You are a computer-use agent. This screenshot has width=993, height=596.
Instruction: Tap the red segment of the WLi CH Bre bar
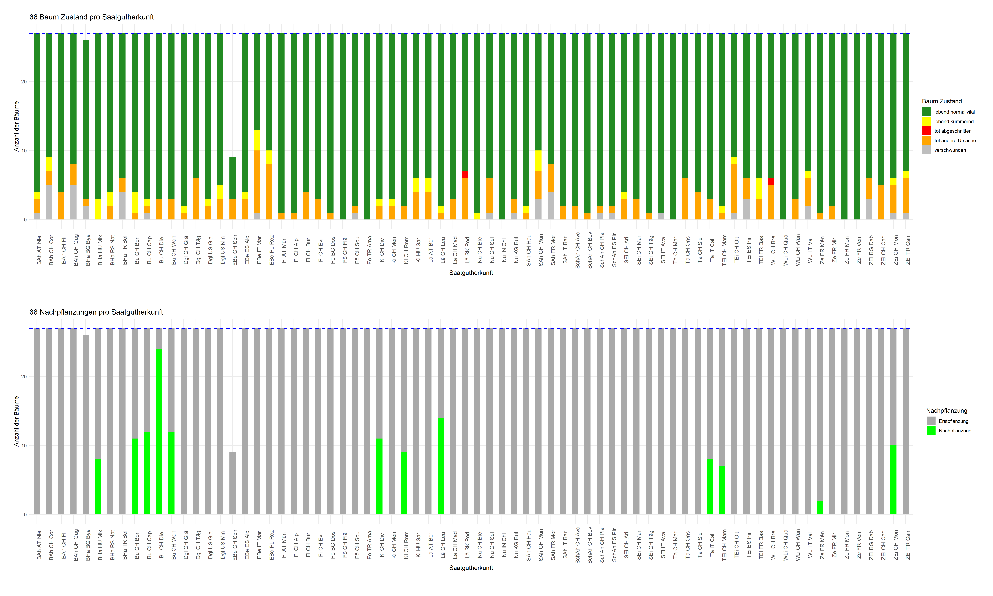pos(771,182)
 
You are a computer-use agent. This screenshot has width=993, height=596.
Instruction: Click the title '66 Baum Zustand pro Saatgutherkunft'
pos(91,17)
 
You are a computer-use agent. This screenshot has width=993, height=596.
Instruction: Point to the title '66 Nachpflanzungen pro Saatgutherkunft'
pos(96,312)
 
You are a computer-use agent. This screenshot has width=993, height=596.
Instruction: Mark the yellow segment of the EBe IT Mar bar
pos(257,140)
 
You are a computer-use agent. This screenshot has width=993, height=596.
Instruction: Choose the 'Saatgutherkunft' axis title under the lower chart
pos(471,568)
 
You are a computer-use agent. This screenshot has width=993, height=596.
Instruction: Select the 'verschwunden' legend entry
pos(950,150)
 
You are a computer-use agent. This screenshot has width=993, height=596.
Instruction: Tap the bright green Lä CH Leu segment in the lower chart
pos(440,466)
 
